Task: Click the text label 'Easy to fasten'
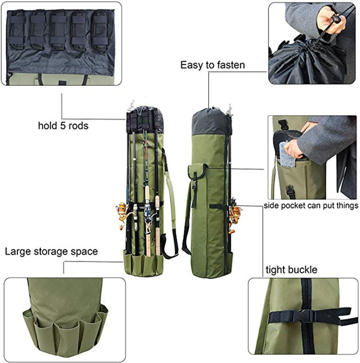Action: (212, 65)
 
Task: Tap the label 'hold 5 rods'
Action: (63, 126)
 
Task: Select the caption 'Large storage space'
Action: (51, 251)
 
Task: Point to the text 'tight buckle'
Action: (291, 269)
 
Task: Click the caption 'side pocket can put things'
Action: (311, 206)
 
